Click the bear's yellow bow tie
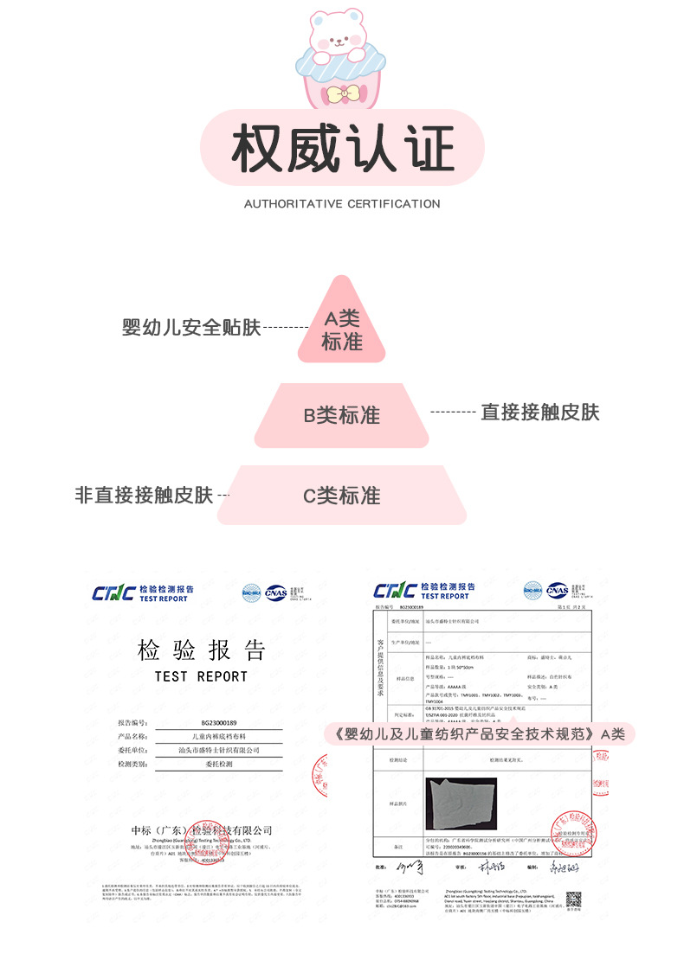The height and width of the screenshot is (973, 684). click(x=341, y=93)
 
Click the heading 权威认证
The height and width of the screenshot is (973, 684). click(x=341, y=149)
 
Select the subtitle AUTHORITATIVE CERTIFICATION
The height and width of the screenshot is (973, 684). click(x=342, y=204)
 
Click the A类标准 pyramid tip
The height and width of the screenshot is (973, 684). click(x=341, y=330)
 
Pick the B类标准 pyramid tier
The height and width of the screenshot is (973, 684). click(x=341, y=415)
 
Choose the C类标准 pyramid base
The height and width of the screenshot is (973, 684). click(x=341, y=496)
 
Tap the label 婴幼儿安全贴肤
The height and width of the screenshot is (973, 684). click(x=191, y=329)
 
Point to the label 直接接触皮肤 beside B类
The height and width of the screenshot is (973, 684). click(x=540, y=412)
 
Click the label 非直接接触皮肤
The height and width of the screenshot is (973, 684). click(x=144, y=496)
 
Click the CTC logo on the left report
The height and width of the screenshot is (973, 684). click(x=113, y=593)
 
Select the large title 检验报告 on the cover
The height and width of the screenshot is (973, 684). click(x=202, y=650)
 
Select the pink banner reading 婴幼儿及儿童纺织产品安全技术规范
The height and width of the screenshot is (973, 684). click(x=479, y=733)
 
